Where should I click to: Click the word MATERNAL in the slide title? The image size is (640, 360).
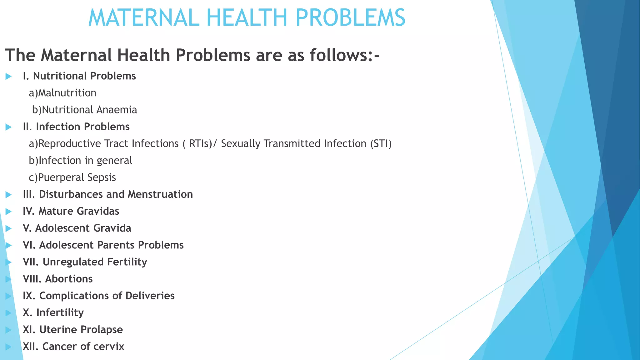(x=144, y=18)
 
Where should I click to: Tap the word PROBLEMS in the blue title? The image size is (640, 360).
(x=350, y=18)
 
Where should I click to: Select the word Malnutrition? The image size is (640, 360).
(x=67, y=93)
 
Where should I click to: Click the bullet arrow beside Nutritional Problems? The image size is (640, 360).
(x=8, y=76)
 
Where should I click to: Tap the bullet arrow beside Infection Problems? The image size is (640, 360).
(x=8, y=127)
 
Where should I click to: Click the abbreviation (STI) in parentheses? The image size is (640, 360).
(x=381, y=144)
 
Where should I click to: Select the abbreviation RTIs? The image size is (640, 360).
(x=200, y=144)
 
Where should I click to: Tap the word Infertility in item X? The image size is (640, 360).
(x=60, y=312)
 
